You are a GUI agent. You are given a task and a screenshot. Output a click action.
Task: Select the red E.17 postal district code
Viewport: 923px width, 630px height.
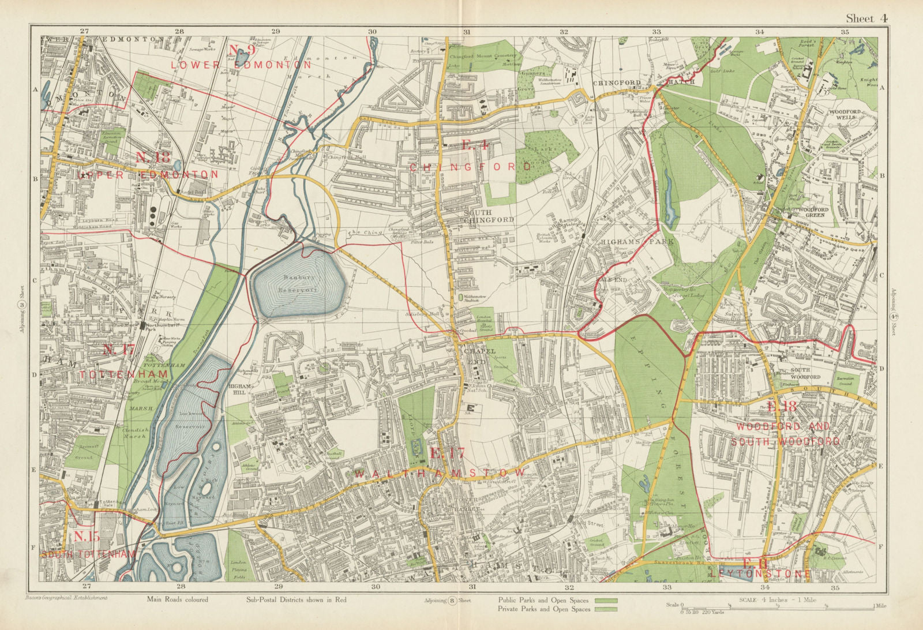tap(447, 453)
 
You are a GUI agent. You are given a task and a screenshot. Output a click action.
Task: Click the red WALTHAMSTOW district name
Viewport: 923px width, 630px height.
tap(441, 473)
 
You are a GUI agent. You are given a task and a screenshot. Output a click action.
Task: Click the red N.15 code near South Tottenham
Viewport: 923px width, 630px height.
tap(87, 537)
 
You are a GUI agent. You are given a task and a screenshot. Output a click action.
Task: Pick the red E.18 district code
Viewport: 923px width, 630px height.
tap(781, 407)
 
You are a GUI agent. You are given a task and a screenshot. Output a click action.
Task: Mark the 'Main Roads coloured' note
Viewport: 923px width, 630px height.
tap(178, 600)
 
